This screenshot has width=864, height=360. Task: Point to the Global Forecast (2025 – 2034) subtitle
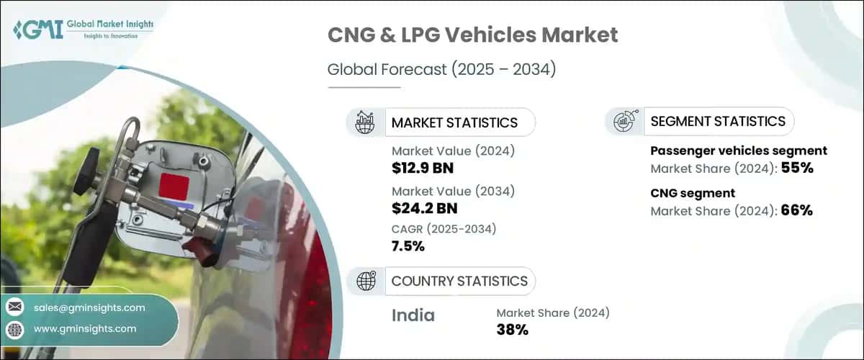443,70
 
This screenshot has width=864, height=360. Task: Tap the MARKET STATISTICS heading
454,122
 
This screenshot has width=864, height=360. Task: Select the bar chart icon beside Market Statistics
364,122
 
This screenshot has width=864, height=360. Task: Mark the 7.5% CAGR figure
408,246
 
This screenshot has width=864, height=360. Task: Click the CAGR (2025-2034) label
444,229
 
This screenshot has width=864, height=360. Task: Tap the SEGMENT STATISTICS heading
717,122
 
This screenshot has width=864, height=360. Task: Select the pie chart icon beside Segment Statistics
623,122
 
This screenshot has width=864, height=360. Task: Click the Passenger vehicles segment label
738,151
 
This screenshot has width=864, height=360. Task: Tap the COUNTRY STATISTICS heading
459,281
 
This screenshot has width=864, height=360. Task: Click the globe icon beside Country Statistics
366,281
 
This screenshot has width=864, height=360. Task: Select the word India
413,315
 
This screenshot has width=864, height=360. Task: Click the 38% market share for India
513,330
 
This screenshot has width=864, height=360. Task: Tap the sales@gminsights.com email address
89,307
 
